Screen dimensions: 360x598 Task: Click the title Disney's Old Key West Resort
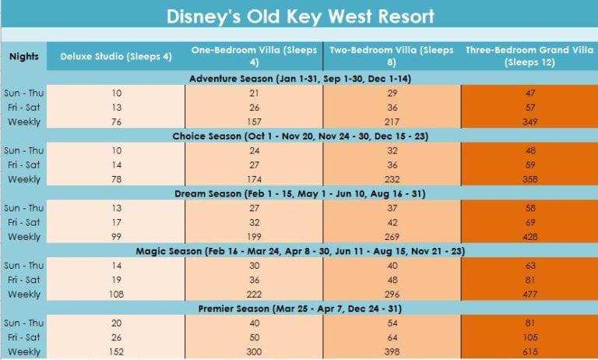click(299, 15)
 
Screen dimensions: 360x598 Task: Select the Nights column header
click(23, 56)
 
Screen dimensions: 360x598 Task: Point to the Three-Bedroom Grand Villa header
click(529, 56)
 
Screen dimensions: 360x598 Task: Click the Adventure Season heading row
click(299, 78)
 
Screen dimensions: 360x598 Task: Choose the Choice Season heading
click(299, 136)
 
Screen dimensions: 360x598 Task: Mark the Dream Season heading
click(299, 194)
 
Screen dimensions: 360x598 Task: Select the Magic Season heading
click(299, 252)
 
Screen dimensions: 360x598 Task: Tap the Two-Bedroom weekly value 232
click(391, 179)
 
